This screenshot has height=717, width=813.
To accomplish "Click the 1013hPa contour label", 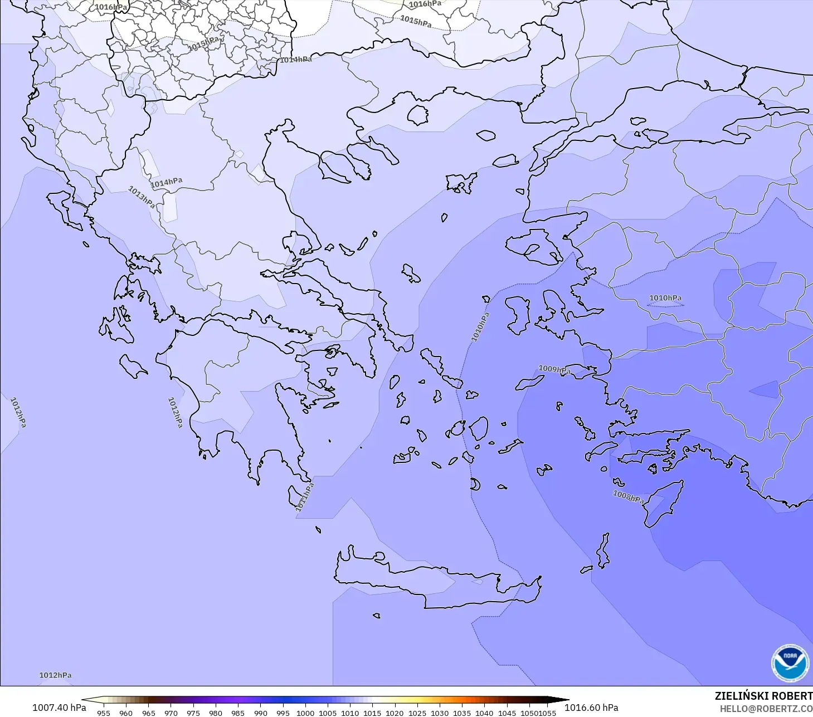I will click(142, 197).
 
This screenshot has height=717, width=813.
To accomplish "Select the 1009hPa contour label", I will click(554, 369).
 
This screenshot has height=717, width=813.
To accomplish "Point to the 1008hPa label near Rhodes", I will click(629, 496).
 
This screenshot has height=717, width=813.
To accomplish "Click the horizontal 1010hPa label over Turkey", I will click(665, 298).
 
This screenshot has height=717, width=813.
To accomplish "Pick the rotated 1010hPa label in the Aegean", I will click(480, 327).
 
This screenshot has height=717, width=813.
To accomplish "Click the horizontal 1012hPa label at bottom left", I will click(55, 675).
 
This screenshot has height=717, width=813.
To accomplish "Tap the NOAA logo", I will click(790, 663).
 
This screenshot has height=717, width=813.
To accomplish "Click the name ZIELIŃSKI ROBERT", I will click(763, 696).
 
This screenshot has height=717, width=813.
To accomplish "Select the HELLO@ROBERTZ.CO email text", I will click(766, 709).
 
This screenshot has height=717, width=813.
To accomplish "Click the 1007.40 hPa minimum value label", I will click(59, 708).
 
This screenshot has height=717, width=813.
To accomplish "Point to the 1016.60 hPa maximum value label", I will click(591, 708).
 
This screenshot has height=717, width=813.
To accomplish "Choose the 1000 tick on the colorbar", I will click(305, 713).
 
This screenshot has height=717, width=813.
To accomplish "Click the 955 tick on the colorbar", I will click(103, 713).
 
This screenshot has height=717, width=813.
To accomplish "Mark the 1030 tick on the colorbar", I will click(439, 713).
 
